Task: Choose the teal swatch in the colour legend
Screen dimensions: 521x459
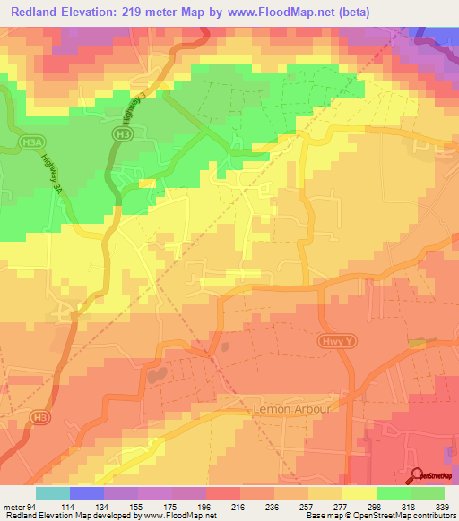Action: click(53, 493)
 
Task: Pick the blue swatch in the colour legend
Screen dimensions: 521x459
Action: click(87, 493)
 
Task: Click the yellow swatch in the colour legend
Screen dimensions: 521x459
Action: click(359, 493)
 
